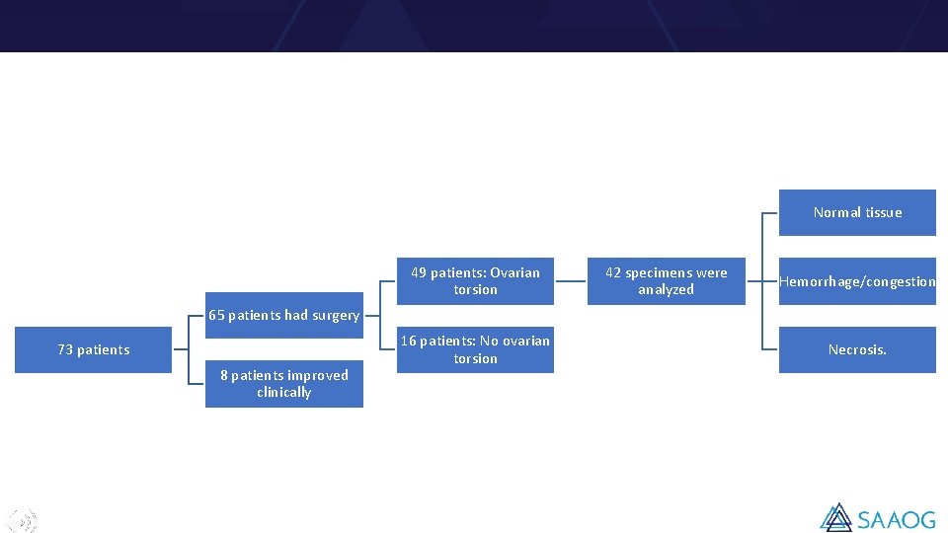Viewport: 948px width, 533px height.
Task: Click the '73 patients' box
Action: click(94, 349)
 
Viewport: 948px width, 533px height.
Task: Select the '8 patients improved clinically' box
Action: click(284, 384)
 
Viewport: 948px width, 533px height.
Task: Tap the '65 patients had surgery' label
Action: click(284, 315)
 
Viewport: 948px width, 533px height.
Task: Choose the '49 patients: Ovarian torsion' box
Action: click(475, 281)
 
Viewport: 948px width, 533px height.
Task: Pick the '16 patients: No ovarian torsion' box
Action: click(475, 349)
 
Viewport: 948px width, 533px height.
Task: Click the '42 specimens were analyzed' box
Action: click(666, 281)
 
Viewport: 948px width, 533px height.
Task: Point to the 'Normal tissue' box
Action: click(857, 212)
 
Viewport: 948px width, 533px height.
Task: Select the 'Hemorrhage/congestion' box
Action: click(857, 281)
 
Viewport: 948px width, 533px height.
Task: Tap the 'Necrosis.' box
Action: click(857, 349)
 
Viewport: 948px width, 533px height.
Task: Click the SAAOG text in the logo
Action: click(896, 518)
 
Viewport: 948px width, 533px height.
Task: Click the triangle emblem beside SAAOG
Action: click(836, 518)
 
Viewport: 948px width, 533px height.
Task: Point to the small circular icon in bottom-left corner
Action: click(23, 520)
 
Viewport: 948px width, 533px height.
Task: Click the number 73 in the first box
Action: click(65, 349)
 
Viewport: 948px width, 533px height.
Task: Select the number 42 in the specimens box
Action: click(613, 272)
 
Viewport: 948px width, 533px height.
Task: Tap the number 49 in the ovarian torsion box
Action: click(419, 272)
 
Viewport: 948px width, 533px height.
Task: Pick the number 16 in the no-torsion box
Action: click(408, 341)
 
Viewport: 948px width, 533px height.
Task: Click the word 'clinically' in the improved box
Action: click(284, 393)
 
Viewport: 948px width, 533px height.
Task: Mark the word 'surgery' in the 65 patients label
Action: click(336, 315)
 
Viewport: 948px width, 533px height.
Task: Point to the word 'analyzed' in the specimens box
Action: click(666, 290)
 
